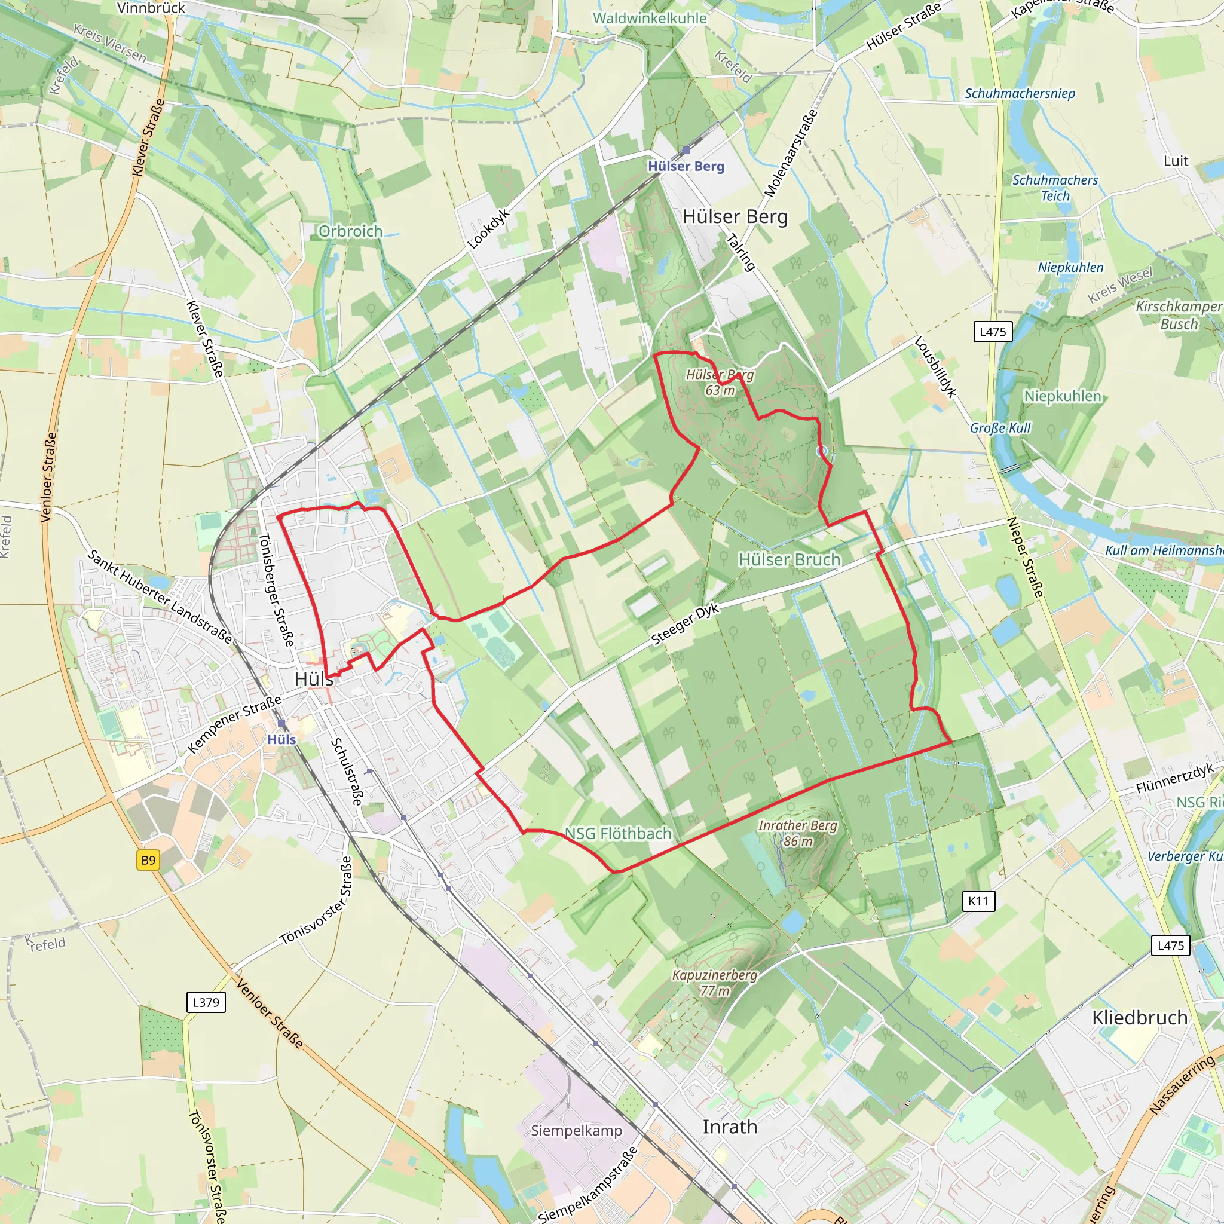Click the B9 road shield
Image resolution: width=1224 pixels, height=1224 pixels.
(148, 861)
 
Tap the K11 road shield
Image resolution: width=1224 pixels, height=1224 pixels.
(978, 901)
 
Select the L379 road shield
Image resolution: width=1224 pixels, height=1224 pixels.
(206, 1002)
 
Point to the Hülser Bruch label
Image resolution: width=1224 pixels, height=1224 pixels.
(790, 559)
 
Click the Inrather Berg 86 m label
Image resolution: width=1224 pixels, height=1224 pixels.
(798, 833)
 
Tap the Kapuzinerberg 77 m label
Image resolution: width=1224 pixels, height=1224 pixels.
(715, 983)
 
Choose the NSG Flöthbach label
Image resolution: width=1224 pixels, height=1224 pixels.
(618, 833)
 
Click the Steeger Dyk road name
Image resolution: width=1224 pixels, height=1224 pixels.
(685, 625)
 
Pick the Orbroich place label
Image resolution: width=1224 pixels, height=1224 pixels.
(350, 231)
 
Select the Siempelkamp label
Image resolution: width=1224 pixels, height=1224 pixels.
(577, 1130)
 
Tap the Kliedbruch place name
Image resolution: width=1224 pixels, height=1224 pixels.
(1140, 1017)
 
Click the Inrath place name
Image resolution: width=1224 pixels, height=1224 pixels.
(730, 1127)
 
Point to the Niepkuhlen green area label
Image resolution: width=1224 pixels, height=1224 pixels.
(1063, 396)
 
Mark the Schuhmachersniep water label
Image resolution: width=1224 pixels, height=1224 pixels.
(1020, 94)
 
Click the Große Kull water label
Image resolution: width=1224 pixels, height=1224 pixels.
(1000, 428)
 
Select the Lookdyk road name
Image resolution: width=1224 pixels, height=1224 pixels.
(488, 229)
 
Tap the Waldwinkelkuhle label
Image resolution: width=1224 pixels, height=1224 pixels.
(650, 18)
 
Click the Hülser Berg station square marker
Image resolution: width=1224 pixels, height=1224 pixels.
(686, 150)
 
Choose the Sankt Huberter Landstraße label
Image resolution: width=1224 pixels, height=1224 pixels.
(160, 596)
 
